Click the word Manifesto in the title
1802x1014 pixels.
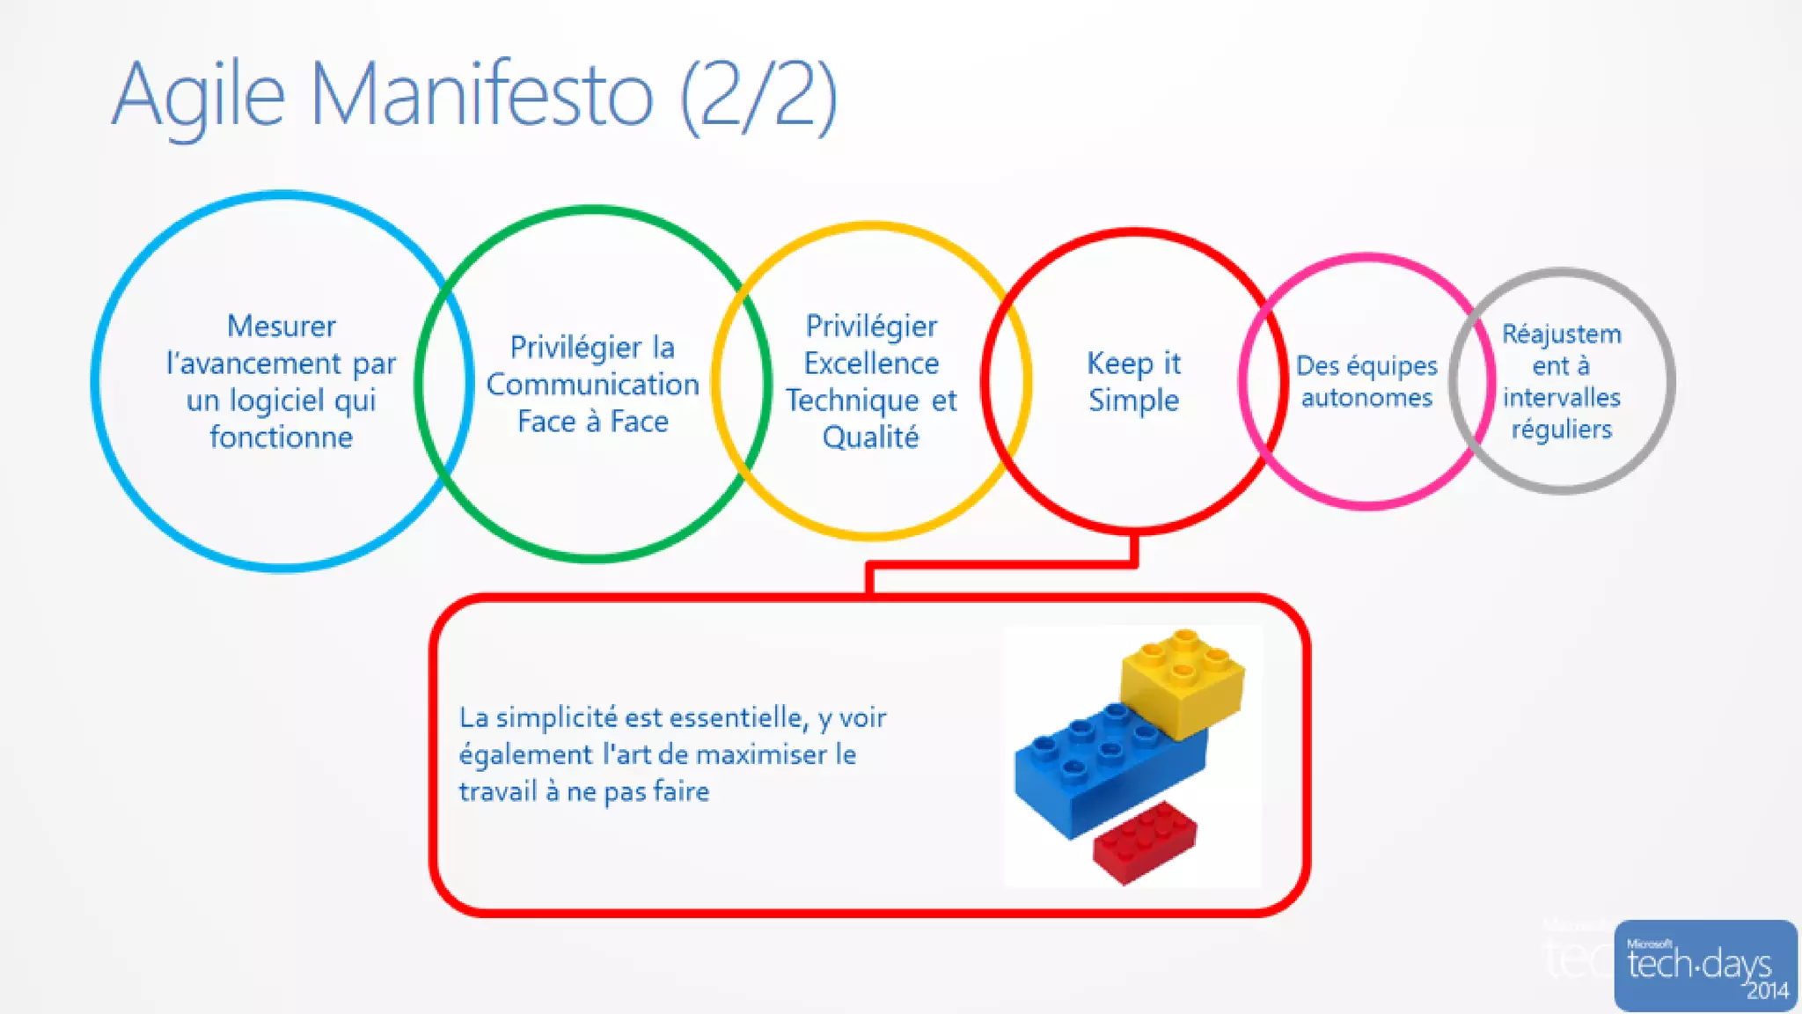(x=482, y=94)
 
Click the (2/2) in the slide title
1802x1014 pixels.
(x=759, y=95)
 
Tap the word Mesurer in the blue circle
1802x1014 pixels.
(x=282, y=327)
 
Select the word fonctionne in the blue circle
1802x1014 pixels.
(x=282, y=437)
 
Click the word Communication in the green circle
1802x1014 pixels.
(x=592, y=385)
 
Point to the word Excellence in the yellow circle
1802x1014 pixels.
(x=871, y=364)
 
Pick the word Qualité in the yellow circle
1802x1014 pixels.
(x=871, y=437)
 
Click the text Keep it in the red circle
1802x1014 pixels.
(x=1133, y=364)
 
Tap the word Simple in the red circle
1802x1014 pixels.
(x=1133, y=400)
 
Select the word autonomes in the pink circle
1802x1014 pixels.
(x=1366, y=398)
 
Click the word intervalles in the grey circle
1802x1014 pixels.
(x=1562, y=398)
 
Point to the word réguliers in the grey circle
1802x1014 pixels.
(x=1562, y=430)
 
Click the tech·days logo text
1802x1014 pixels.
(x=1698, y=964)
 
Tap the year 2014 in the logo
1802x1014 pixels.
(x=1767, y=991)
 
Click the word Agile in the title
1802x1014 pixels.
(x=199, y=95)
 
